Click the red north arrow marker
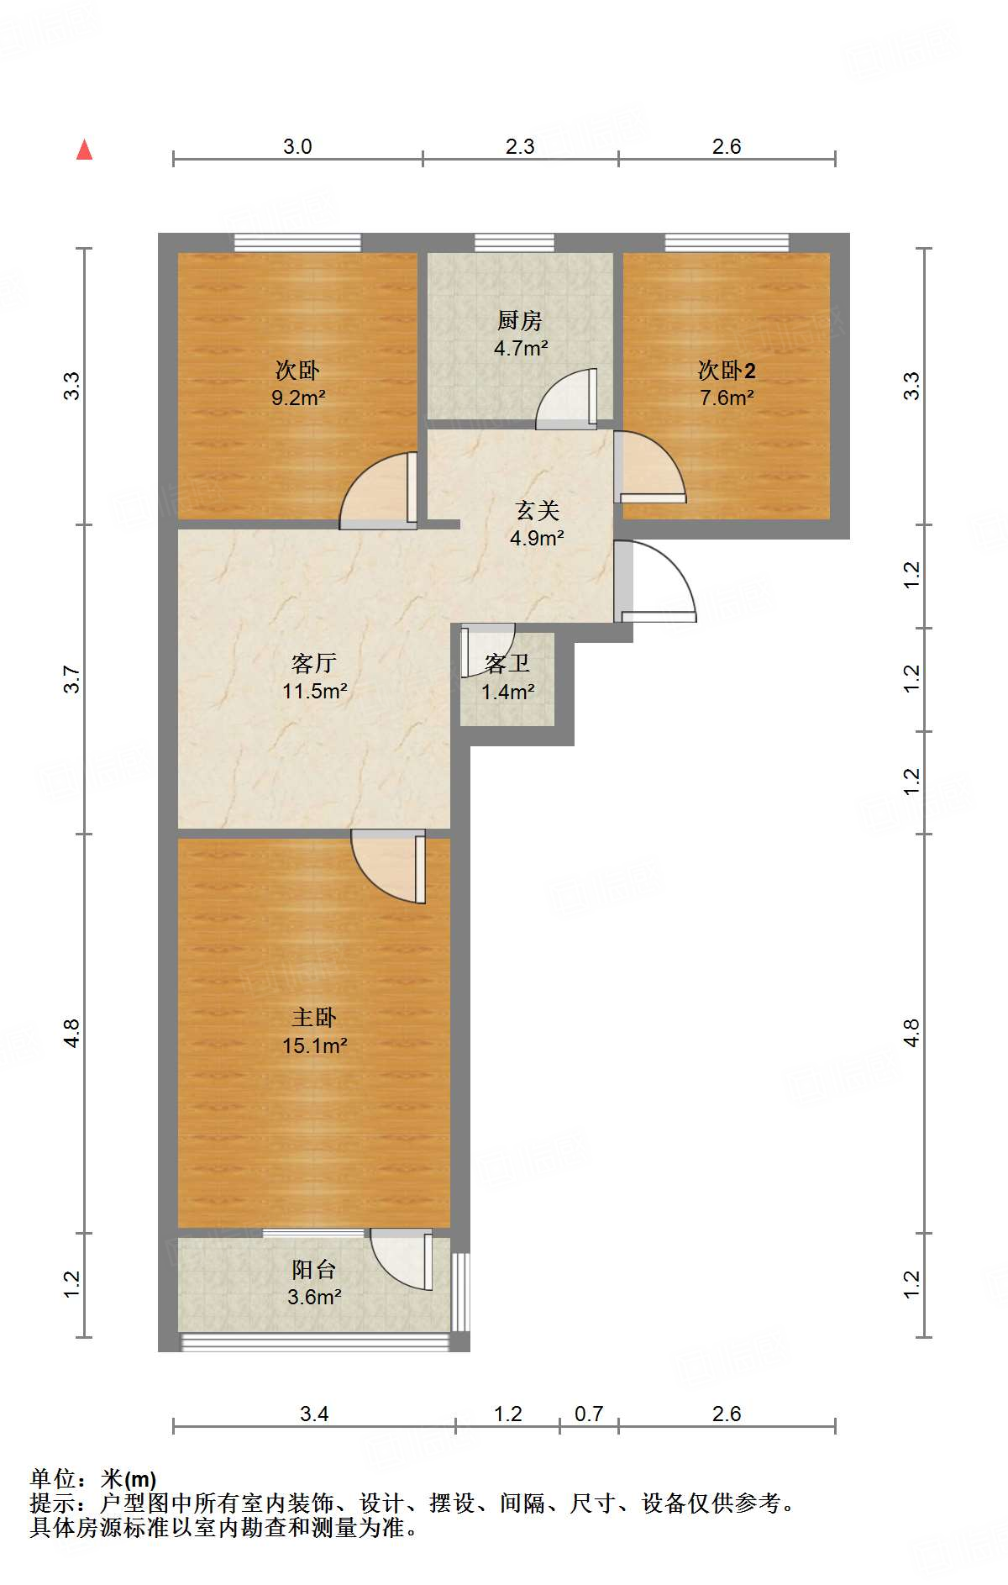[84, 150]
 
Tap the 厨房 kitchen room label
[519, 320]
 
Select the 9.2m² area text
[297, 398]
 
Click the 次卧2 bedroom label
[727, 371]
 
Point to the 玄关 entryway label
[537, 510]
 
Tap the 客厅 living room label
[314, 663]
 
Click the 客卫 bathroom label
[507, 664]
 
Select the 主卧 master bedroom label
[314, 1018]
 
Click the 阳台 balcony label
[314, 1269]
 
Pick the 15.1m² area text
[314, 1045]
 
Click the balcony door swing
[402, 1258]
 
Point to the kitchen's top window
[514, 243]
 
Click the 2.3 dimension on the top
[520, 146]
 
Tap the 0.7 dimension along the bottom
[589, 1414]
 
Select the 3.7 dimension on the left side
[72, 679]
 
